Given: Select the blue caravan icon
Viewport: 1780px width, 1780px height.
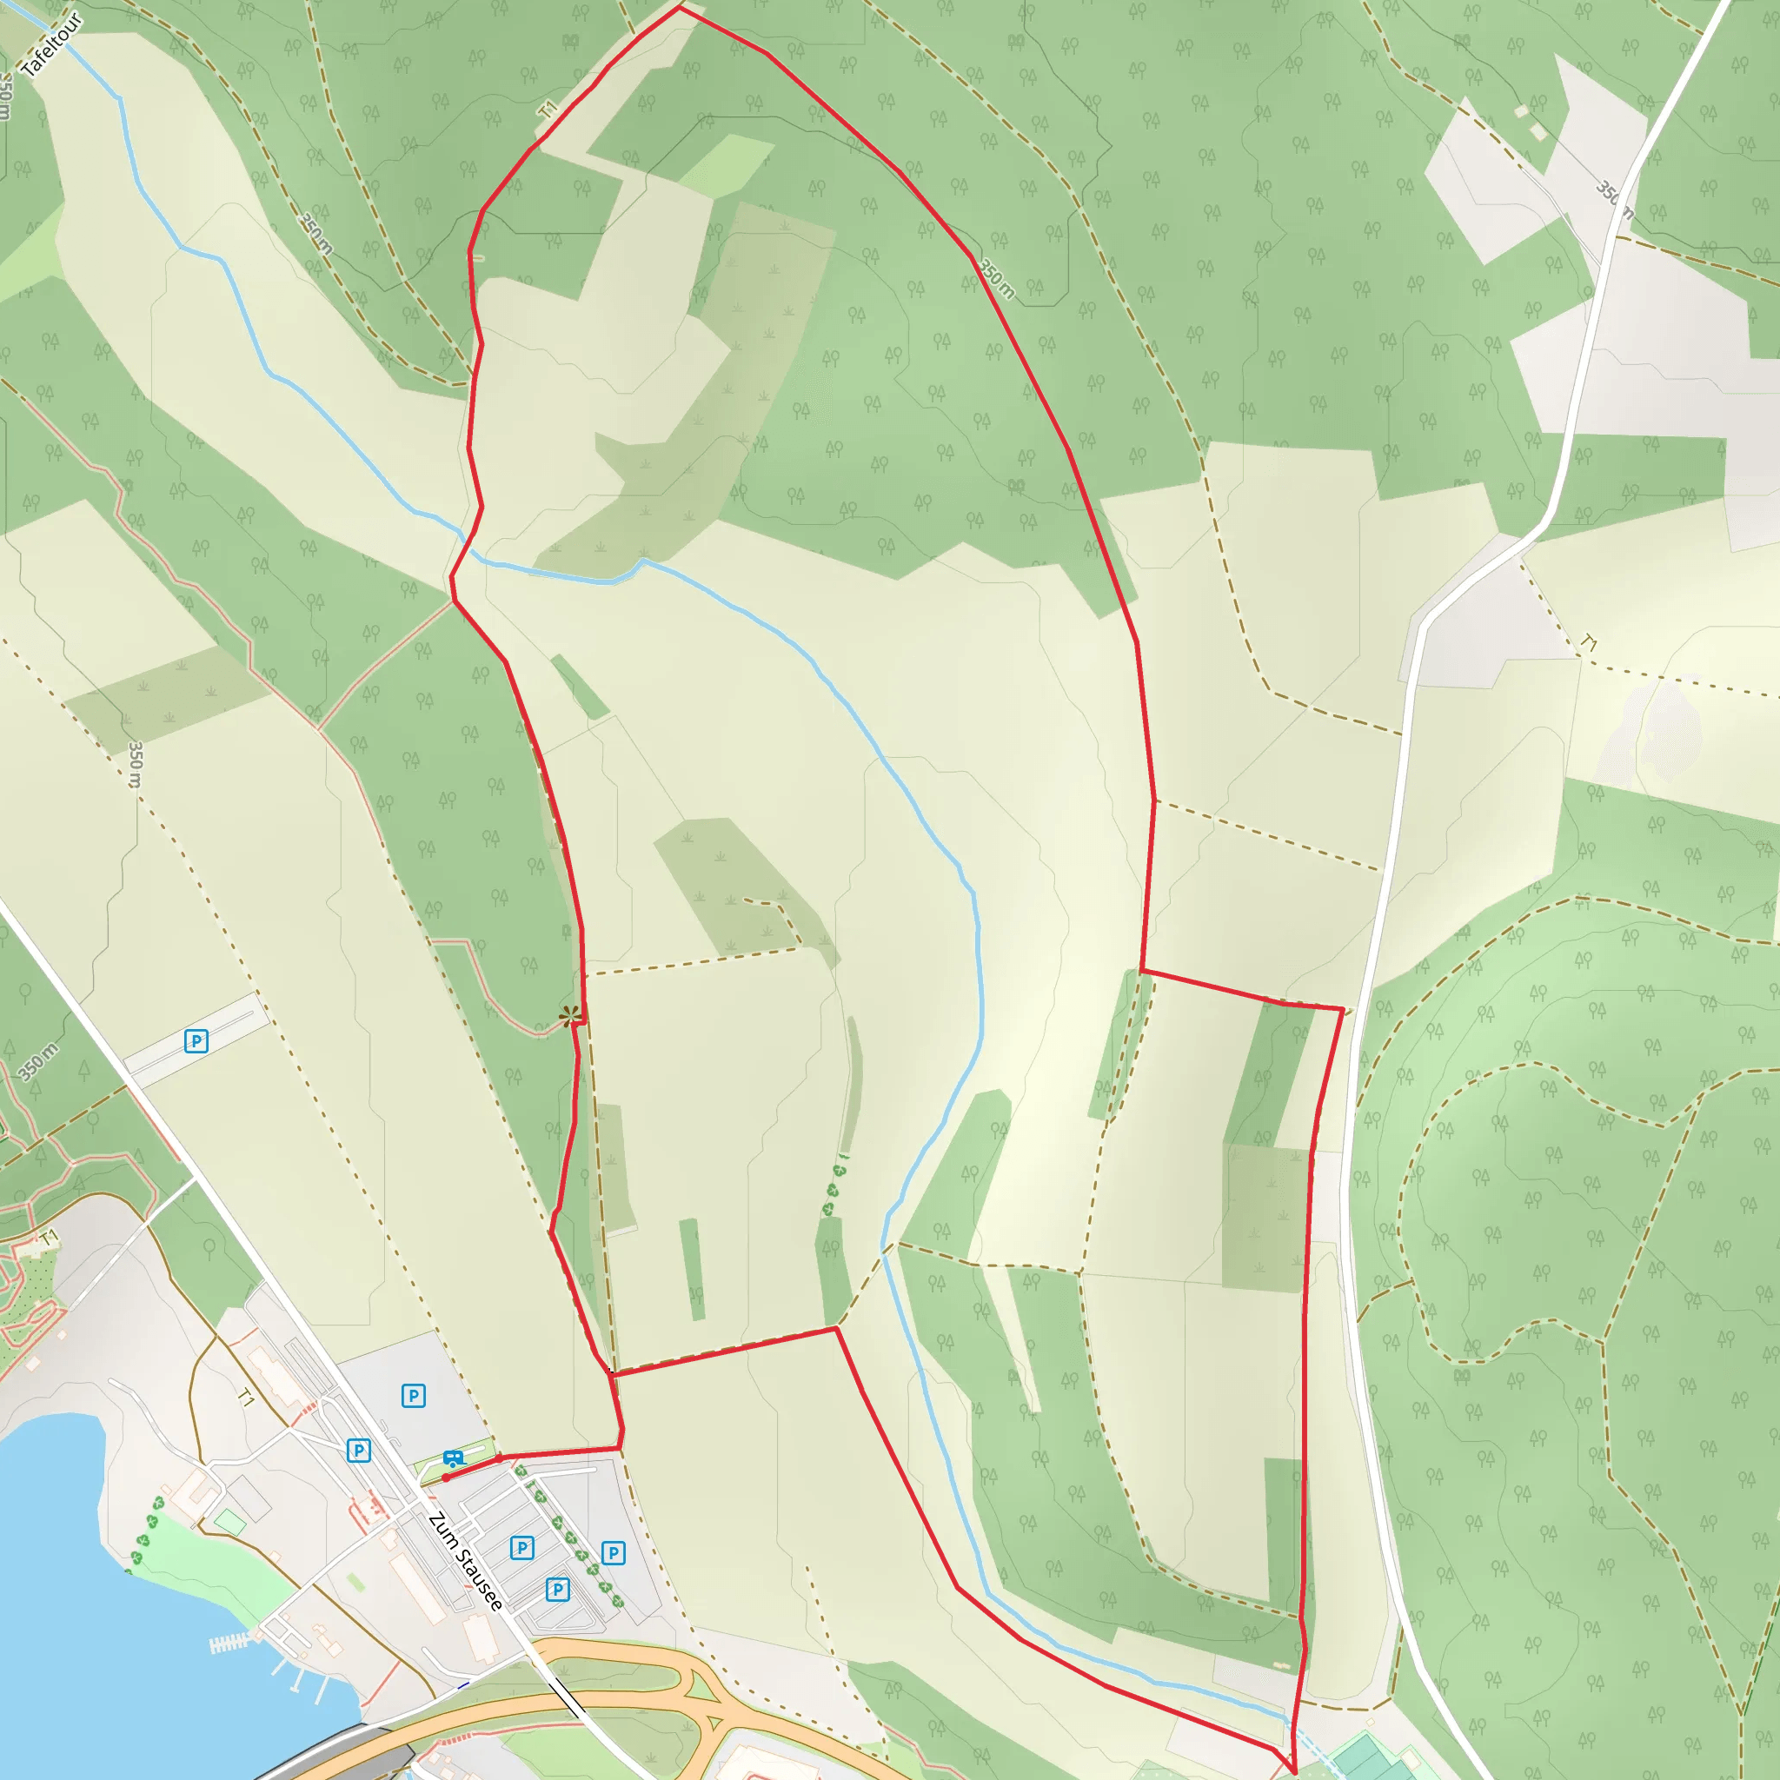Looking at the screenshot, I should coord(452,1459).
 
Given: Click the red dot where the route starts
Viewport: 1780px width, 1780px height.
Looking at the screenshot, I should coord(446,1478).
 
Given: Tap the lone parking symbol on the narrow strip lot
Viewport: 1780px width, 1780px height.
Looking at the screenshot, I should coord(196,1041).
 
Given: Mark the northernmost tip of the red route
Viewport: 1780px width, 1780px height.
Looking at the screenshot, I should coord(680,9).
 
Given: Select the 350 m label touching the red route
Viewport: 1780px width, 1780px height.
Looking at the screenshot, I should coord(997,279).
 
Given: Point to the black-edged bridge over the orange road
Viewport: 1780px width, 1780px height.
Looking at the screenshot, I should coord(569,1697).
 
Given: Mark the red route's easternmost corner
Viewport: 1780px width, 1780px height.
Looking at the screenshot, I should coord(1341,1010).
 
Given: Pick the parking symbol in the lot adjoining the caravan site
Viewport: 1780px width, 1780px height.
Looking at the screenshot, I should coord(414,1396).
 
